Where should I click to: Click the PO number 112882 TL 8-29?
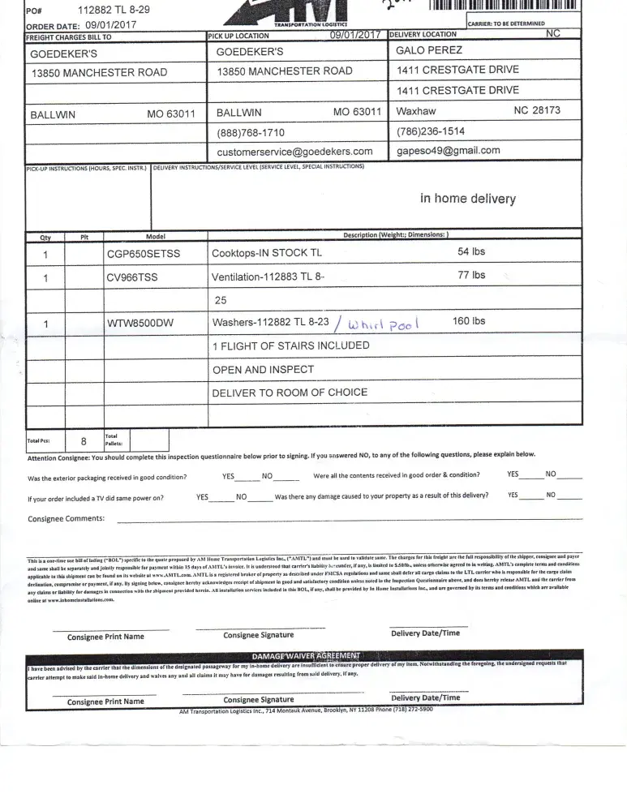113,11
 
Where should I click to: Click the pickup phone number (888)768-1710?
251,132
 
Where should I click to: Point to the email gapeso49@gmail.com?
448,151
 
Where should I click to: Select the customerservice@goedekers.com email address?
294,152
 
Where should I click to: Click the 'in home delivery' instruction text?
467,199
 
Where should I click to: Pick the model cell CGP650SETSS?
144,254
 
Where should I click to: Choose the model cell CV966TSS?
132,277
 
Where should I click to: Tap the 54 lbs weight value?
471,252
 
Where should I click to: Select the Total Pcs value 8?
83,442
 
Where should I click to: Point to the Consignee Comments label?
67,518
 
